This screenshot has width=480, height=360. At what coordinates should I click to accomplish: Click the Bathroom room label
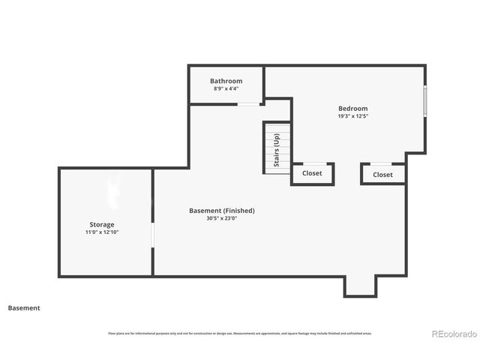point(226,81)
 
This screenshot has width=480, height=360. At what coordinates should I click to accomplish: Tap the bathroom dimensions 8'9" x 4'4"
point(226,88)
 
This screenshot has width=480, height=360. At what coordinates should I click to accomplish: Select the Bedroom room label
point(352,108)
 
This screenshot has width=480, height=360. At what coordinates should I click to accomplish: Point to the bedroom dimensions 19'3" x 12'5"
point(352,116)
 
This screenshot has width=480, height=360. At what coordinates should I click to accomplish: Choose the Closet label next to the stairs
point(312,173)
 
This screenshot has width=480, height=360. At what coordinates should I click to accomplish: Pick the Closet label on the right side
point(382,174)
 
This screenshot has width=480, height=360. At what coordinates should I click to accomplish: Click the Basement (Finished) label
point(221,211)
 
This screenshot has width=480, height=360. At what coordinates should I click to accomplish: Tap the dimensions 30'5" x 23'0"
point(221,219)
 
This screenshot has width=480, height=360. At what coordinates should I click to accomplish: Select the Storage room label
point(102,224)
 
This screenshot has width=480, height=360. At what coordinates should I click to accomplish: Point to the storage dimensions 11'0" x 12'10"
point(102,232)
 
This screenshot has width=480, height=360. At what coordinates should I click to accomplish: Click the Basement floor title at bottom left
point(24,307)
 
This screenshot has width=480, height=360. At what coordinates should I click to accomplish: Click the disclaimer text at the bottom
point(240,333)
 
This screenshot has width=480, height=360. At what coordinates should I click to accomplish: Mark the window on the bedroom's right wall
point(425,101)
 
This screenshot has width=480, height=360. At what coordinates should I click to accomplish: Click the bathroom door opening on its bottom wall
point(248,104)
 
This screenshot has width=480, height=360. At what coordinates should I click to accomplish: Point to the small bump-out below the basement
point(358,286)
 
